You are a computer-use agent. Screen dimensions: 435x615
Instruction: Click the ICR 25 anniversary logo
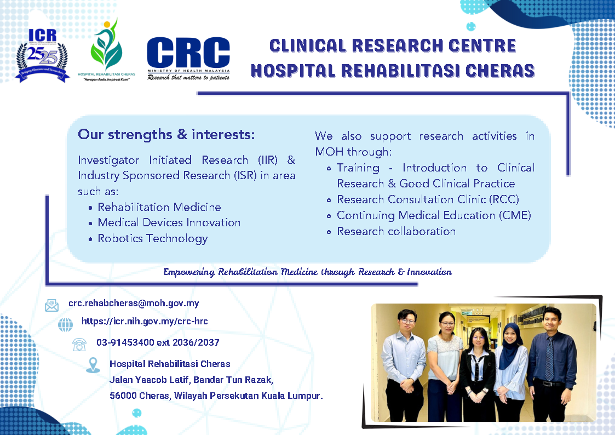coord(43,54)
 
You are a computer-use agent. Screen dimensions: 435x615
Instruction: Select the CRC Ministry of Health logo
coord(188,58)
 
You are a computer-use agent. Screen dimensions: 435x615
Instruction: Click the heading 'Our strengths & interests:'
coord(166,134)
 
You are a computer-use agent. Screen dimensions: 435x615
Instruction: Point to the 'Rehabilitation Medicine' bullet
coord(159,207)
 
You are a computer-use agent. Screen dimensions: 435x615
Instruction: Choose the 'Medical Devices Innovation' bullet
coord(169,222)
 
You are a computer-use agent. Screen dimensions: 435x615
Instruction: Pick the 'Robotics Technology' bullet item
coord(153,238)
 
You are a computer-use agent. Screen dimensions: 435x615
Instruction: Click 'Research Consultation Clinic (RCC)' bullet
coord(428,199)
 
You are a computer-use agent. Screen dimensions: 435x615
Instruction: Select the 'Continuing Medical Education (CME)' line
coord(434,215)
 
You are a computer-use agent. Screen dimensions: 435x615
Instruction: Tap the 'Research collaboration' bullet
coord(396,231)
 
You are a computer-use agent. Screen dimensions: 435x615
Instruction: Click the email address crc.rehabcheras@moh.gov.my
coord(134,303)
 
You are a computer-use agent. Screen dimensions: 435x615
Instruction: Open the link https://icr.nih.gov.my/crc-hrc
coord(145,322)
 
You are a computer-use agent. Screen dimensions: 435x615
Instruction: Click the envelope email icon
coord(51,305)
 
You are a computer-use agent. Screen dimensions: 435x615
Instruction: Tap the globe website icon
coord(66,324)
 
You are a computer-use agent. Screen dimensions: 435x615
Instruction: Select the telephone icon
coord(79,344)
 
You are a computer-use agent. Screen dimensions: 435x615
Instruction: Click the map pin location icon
coord(93,365)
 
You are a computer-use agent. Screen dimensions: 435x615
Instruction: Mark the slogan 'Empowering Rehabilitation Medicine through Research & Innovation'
coord(307,272)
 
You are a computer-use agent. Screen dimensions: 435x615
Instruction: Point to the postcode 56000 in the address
coord(122,396)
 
